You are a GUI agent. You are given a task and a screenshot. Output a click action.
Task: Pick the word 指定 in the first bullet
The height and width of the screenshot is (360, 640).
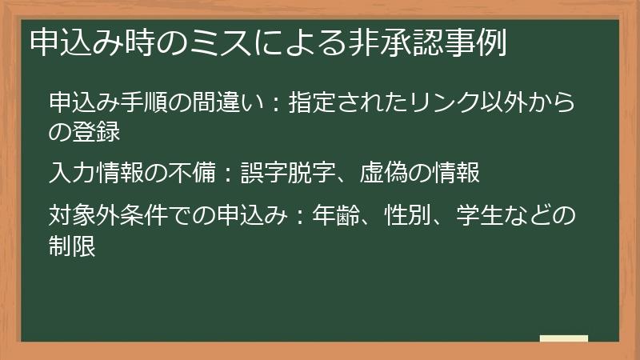click(x=312, y=103)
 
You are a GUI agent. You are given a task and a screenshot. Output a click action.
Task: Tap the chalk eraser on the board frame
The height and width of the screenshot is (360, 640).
click(x=563, y=338)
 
